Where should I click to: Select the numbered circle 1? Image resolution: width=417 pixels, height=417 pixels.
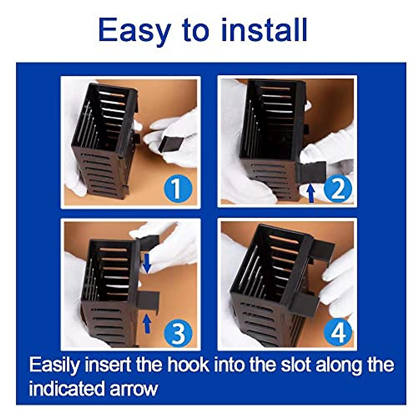click(x=178, y=188)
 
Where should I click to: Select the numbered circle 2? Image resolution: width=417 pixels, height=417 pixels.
click(x=337, y=188)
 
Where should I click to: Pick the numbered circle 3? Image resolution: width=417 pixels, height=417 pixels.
click(x=178, y=334)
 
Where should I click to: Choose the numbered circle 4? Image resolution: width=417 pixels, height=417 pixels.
click(x=337, y=334)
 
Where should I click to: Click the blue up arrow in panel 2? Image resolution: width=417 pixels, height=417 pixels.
click(x=311, y=193)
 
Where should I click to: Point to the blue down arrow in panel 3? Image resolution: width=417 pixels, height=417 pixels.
click(x=147, y=263)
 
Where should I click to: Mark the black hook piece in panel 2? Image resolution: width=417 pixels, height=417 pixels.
click(x=311, y=172)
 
